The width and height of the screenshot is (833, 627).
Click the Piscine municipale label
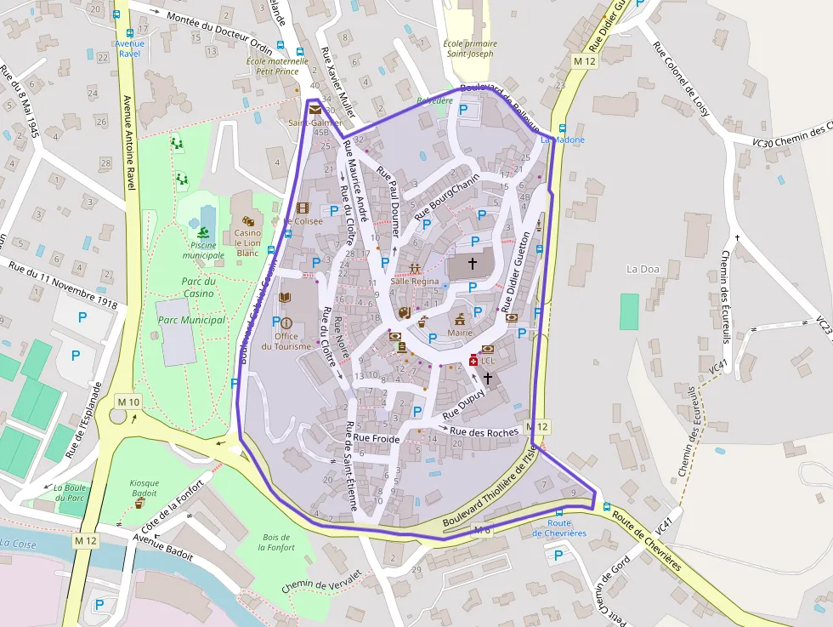coord(203,250)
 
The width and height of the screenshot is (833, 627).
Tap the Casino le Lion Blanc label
coord(247,242)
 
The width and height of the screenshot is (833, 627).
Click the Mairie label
coord(460,333)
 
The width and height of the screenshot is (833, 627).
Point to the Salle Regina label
coord(415,281)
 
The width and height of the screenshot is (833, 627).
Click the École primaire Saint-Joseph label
coord(469,48)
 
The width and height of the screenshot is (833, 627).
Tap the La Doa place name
coord(643,269)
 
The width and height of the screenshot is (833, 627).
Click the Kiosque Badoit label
coord(144,487)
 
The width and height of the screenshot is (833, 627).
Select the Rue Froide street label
coord(376,438)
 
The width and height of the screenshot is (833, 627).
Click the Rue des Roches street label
coord(484,432)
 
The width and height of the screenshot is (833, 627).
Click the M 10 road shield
coord(129,402)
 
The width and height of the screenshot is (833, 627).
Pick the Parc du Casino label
coord(198,287)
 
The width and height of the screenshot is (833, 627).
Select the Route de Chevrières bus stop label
coord(559,528)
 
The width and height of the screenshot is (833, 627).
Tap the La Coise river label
coord(17,543)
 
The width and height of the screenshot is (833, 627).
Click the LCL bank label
coord(487,361)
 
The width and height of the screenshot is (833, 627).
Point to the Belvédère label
coord(434,100)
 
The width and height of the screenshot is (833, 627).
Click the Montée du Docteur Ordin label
coord(219,33)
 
